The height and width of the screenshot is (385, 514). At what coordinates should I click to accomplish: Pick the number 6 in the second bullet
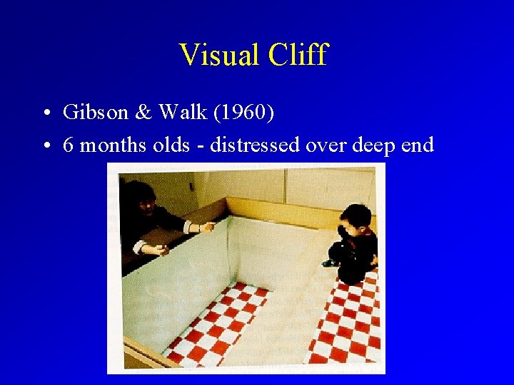[69, 145]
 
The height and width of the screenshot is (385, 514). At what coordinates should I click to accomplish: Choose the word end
[418, 145]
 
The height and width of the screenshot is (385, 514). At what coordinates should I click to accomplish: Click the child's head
[355, 218]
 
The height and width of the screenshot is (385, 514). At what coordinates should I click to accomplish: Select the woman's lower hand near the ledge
[158, 250]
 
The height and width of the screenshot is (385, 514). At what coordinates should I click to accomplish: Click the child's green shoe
[329, 264]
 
